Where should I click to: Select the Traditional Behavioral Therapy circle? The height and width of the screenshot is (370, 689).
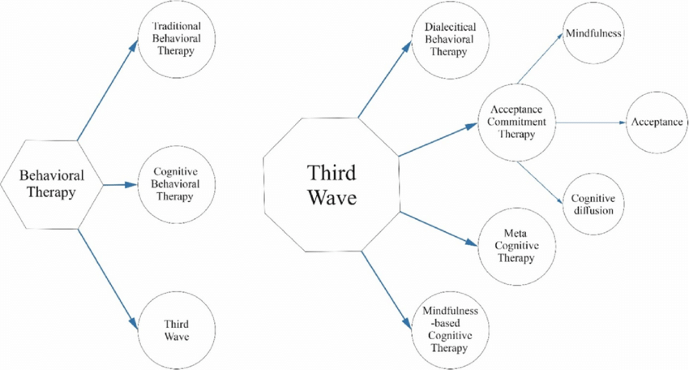[x=176, y=39]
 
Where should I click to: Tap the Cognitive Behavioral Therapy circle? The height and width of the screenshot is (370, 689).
[x=176, y=184]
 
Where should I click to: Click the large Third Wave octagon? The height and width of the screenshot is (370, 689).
[x=331, y=185]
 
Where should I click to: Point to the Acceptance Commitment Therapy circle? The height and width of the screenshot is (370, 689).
[x=516, y=123]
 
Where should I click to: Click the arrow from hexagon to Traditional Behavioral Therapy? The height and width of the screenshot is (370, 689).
[x=107, y=91]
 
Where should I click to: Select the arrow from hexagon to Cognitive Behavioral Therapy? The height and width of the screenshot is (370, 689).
[x=118, y=184]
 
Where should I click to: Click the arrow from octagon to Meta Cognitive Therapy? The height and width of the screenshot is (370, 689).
[x=437, y=228]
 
